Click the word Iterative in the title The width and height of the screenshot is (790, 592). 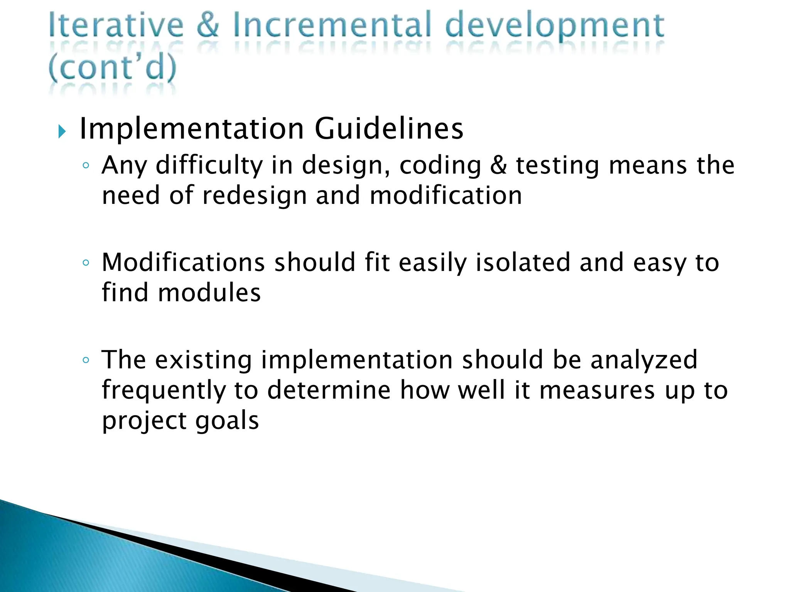click(x=116, y=25)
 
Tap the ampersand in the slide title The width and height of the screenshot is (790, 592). click(x=208, y=25)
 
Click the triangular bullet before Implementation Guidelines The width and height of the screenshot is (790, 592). click(x=62, y=132)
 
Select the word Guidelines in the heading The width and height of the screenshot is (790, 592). click(x=389, y=129)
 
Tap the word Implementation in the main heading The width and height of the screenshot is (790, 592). click(x=192, y=129)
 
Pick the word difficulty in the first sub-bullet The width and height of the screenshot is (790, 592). click(x=209, y=166)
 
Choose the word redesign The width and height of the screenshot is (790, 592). click(x=254, y=196)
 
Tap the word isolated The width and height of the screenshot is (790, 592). click(x=522, y=263)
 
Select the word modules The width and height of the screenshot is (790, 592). click(x=209, y=293)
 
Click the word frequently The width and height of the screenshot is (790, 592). click(x=164, y=391)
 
